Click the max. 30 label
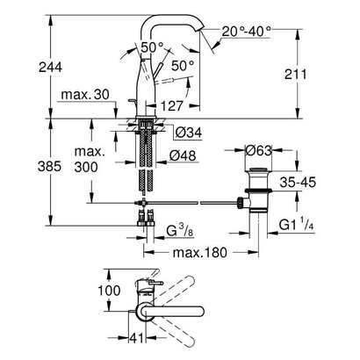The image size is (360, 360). (87, 94)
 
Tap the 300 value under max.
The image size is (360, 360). (87, 168)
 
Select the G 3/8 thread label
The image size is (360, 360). (183, 233)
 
